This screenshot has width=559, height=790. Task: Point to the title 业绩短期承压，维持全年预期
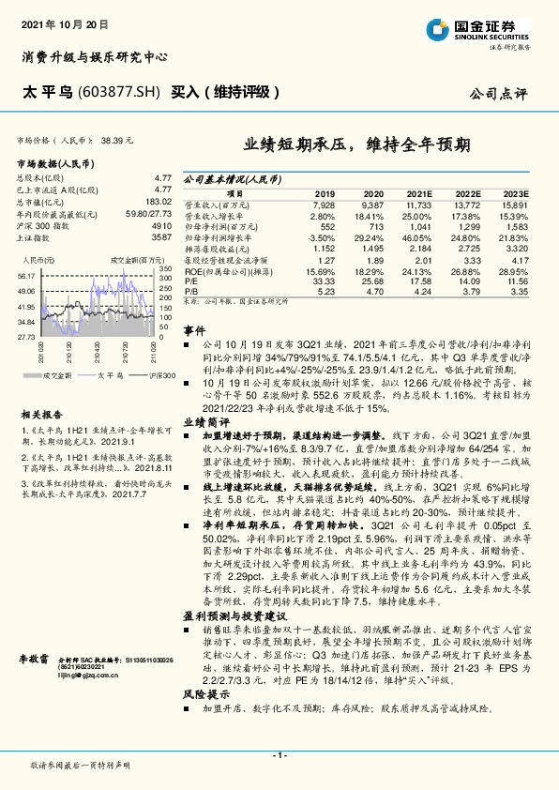(x=358, y=145)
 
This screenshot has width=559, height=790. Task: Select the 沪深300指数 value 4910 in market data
(x=161, y=226)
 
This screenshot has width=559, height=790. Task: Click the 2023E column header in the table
(x=517, y=192)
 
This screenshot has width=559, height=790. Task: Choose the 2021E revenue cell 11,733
(x=416, y=204)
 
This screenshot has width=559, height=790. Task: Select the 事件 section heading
(x=193, y=332)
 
